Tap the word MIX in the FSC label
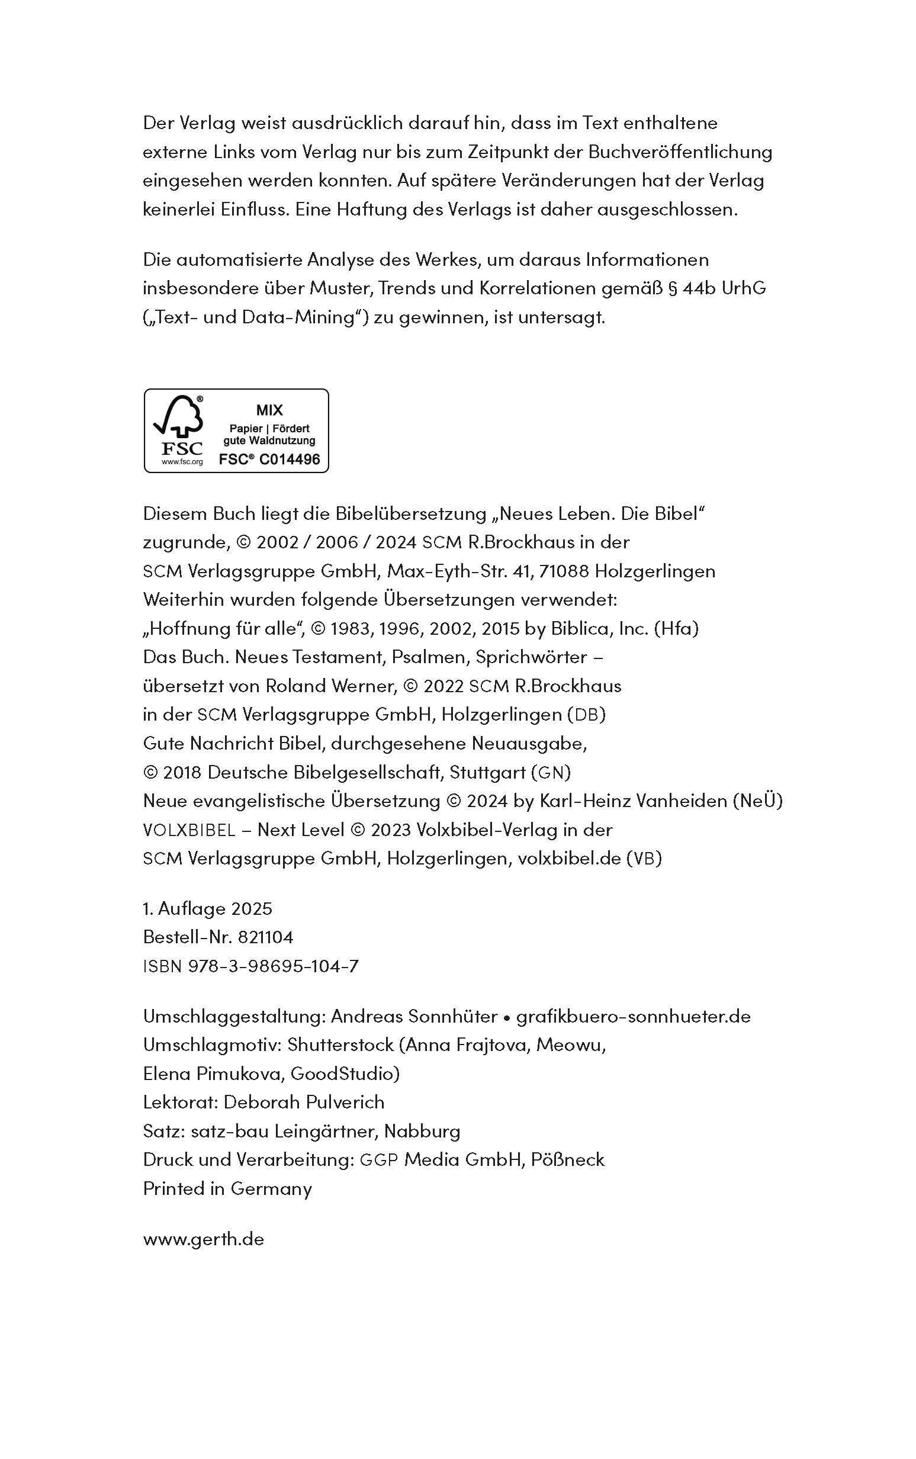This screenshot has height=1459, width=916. pos(269,410)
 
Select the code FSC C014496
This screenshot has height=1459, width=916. pos(269,459)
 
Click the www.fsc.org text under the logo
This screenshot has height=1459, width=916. pos(182,462)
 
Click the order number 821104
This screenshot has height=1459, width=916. pos(265,937)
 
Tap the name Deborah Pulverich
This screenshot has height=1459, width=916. pos(304,1102)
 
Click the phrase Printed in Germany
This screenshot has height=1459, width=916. pos(227,1188)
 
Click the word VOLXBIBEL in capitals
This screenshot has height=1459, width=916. pos(189,830)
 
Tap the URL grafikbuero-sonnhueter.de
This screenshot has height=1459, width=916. pos(633,1015)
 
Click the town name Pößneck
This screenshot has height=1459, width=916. pos(568,1159)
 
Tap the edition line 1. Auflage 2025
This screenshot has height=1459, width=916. pos(208,908)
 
